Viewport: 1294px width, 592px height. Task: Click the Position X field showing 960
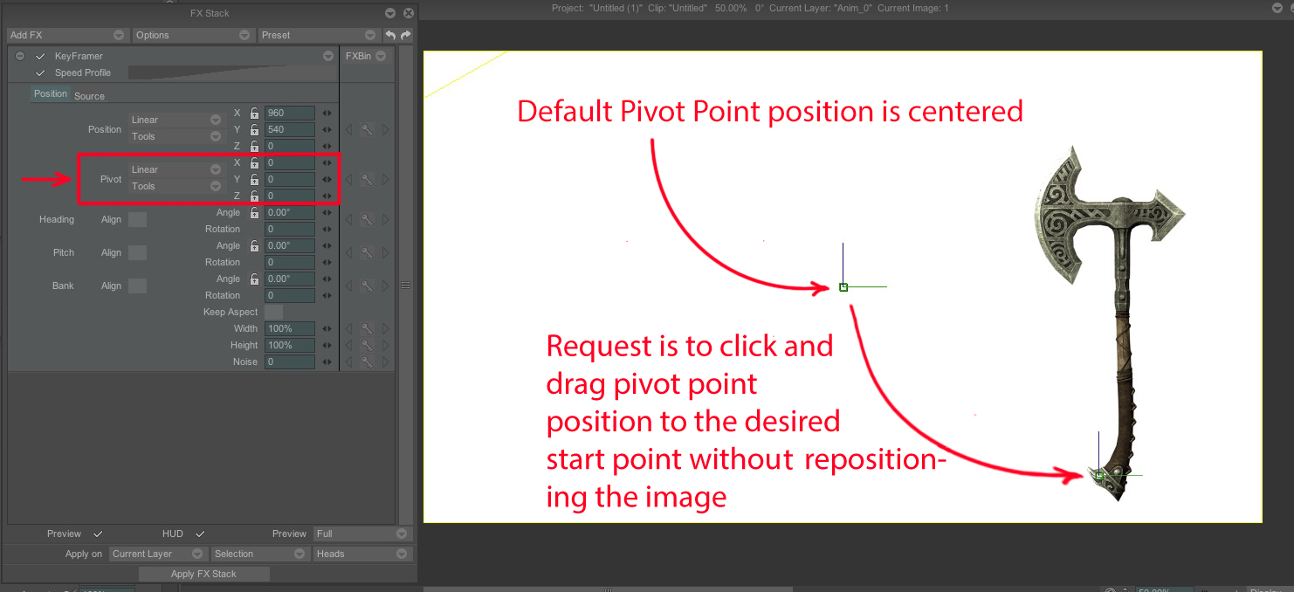click(x=289, y=113)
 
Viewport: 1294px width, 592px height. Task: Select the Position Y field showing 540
click(x=289, y=129)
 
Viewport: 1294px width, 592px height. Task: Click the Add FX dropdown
click(x=66, y=35)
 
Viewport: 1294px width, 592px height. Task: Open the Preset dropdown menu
click(x=318, y=35)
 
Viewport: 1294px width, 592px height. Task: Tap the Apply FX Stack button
click(x=204, y=574)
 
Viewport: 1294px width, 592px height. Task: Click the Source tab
click(x=89, y=96)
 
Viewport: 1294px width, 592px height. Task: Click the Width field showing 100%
click(x=289, y=328)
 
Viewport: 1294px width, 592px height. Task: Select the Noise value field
click(x=289, y=361)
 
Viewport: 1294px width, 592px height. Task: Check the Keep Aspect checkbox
click(x=274, y=312)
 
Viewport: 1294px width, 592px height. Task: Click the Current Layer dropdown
click(x=157, y=554)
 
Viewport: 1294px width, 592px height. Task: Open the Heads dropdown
click(x=361, y=554)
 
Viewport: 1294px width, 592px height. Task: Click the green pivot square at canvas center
click(x=843, y=287)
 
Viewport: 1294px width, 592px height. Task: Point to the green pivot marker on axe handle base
click(x=1099, y=476)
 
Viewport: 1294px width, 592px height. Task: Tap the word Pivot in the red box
click(x=111, y=179)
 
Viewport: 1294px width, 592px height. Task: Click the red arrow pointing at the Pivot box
click(x=46, y=179)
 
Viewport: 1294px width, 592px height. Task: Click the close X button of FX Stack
click(x=409, y=13)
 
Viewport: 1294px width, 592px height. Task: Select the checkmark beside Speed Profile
click(x=40, y=72)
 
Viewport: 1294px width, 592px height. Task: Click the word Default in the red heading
click(x=564, y=111)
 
